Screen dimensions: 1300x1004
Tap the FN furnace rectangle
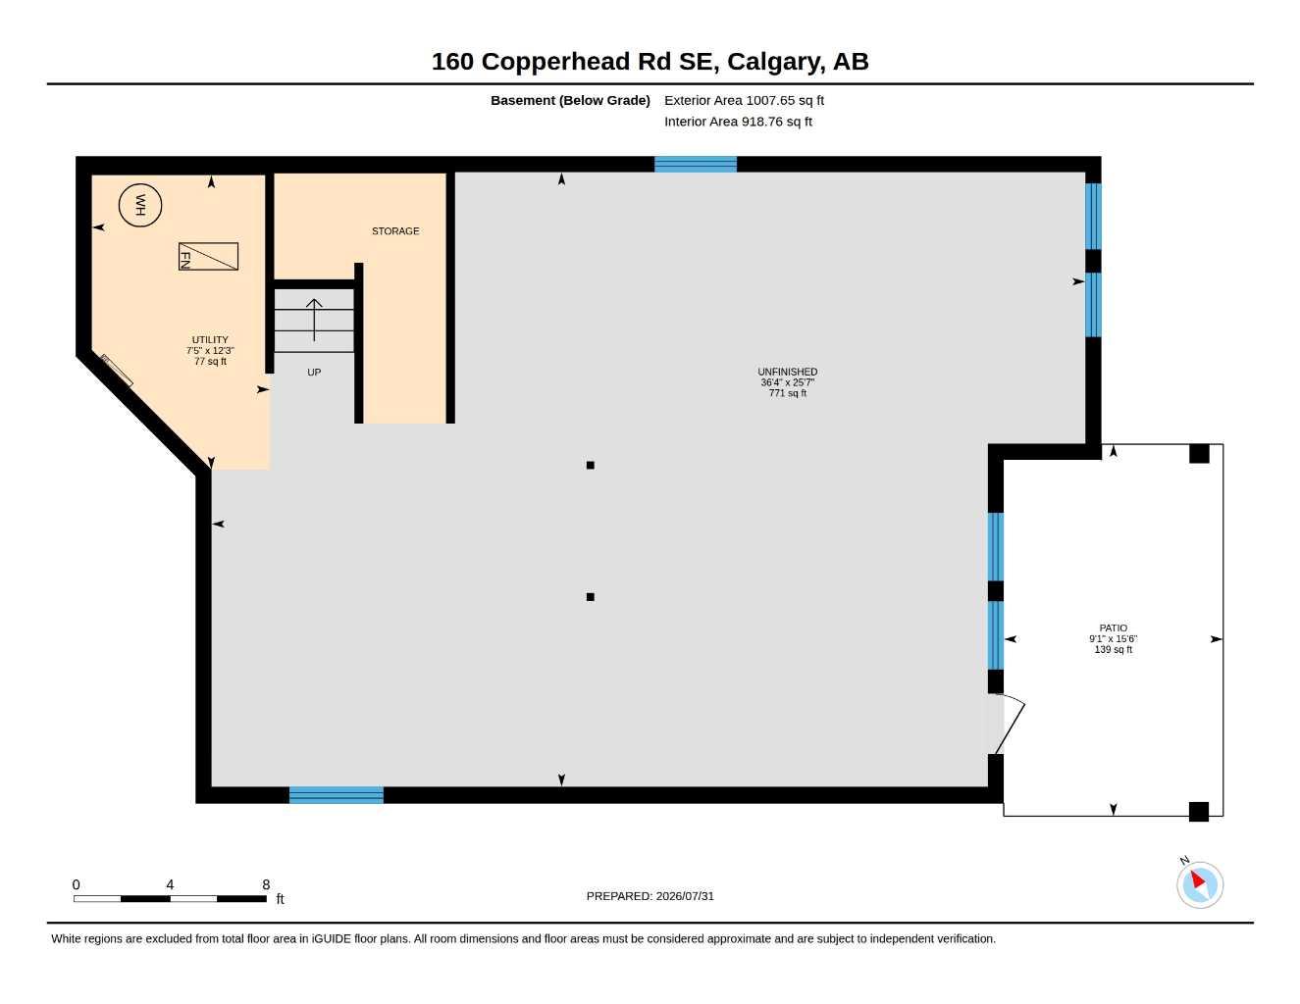tap(208, 256)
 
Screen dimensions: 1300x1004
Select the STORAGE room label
tap(395, 231)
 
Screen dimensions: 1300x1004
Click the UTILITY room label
tap(210, 339)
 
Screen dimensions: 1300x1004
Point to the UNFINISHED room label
tap(787, 372)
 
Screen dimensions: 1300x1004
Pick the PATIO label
tap(1114, 628)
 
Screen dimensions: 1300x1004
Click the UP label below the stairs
tap(314, 373)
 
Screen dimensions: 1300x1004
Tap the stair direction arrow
tap(314, 320)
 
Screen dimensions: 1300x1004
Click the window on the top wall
tap(696, 165)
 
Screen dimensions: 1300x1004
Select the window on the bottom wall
tap(337, 795)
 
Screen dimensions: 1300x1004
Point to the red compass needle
tap(1198, 879)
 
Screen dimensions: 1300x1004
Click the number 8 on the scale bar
tap(266, 884)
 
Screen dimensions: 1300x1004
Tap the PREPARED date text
tap(650, 896)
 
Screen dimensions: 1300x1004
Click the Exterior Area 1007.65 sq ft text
tap(745, 100)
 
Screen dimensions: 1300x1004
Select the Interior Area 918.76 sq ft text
tap(738, 122)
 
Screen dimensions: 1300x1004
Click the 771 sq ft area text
tap(788, 393)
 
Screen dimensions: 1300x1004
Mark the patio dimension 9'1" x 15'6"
tap(1114, 639)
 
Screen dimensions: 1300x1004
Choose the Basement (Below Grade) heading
tap(570, 100)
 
